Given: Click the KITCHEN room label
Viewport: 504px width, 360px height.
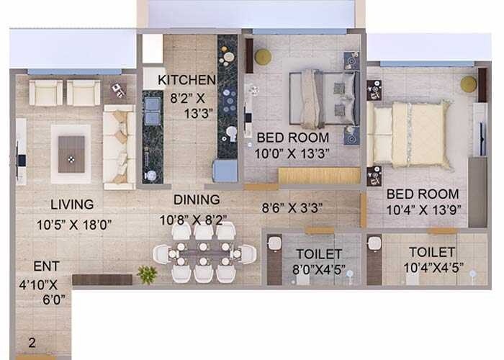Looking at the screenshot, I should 187,80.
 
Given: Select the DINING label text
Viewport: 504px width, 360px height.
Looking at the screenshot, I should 197,199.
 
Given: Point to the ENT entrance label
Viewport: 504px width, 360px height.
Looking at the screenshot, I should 46,266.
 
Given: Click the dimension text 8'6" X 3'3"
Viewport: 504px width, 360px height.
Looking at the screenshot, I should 292,208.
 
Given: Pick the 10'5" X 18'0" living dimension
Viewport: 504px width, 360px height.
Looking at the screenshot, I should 74,225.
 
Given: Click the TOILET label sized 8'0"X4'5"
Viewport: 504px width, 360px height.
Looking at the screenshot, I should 319,253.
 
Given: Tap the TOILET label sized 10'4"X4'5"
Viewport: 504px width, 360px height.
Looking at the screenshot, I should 432,252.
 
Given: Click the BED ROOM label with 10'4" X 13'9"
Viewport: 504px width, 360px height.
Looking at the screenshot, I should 423,194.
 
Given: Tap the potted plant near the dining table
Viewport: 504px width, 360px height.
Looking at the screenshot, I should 147,274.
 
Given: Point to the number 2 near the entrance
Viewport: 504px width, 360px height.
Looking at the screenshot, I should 31,343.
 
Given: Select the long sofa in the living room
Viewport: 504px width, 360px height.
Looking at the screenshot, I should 119,147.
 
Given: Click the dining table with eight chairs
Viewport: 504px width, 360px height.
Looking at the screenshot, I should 204,253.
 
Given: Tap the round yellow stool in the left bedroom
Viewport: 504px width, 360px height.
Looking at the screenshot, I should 263,57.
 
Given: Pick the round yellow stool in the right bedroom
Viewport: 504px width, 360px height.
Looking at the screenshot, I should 469,84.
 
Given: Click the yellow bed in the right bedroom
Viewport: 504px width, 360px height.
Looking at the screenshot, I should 409,134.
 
